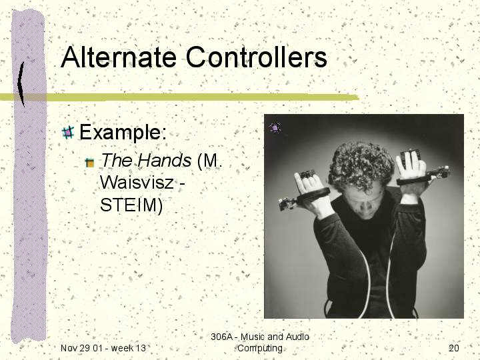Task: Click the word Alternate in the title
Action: tap(119, 57)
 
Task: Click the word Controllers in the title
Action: tap(257, 57)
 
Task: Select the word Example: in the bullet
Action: tap(123, 133)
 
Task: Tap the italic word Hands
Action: tap(165, 160)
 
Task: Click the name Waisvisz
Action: tap(137, 183)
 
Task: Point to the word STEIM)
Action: tap(131, 205)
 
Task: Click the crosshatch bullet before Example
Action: tap(67, 132)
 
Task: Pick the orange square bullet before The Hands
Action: tap(90, 163)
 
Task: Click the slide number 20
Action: tap(454, 348)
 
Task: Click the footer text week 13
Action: tap(128, 348)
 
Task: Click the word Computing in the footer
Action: tap(260, 348)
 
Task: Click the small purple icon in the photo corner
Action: tap(275, 127)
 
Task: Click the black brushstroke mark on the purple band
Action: tap(21, 84)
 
